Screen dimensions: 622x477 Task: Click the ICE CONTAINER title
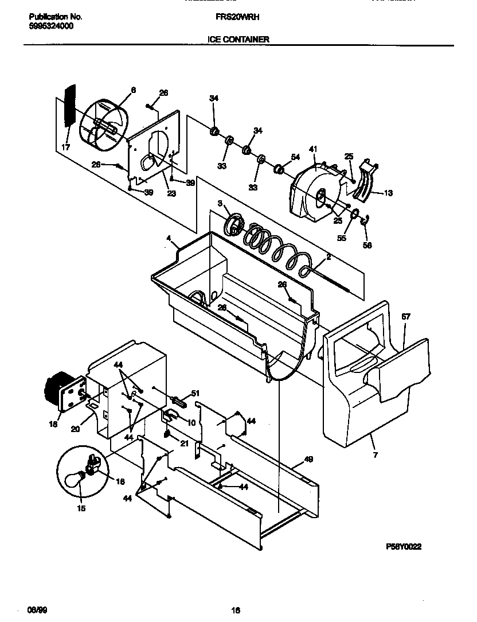(x=238, y=40)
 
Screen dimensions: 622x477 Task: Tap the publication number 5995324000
(x=50, y=26)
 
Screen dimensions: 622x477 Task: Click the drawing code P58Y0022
(x=404, y=547)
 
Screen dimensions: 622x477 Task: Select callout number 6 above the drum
(x=133, y=90)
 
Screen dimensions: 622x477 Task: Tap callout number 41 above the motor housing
(x=313, y=149)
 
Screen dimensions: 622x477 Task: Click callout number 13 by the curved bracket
(x=389, y=193)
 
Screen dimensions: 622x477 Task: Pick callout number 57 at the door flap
(x=406, y=316)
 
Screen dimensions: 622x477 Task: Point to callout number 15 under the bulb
(x=81, y=508)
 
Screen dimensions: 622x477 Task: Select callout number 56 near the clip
(x=367, y=245)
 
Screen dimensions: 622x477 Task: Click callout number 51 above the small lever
(x=195, y=393)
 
